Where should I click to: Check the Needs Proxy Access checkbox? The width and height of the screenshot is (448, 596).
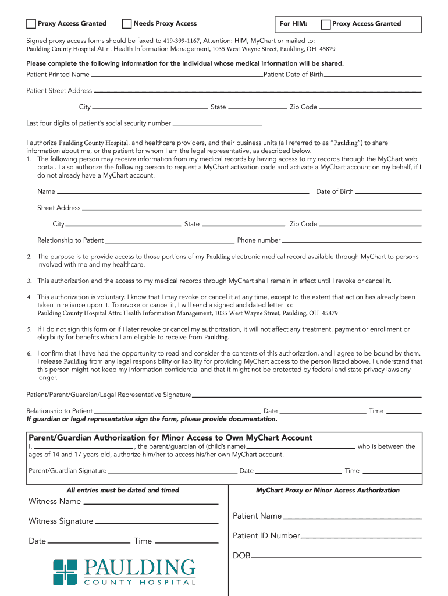tap(127, 24)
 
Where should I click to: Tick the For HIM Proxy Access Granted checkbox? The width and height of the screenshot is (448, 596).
tap(326, 24)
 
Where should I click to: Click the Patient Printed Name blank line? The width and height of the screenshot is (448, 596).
tap(177, 76)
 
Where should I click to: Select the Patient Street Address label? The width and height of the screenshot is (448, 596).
tap(59, 91)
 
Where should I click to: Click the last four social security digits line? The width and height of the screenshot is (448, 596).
tap(218, 125)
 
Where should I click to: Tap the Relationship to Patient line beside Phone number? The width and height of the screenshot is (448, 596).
tap(169, 242)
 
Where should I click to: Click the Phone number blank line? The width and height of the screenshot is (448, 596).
tap(351, 242)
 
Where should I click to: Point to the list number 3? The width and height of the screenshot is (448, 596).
tap(29, 281)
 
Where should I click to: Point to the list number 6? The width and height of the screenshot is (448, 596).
tap(29, 354)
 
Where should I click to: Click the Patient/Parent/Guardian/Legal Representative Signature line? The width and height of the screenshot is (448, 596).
tap(307, 396)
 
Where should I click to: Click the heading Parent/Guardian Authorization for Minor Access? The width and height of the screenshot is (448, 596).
tap(170, 438)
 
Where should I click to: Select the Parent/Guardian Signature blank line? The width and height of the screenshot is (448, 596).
tap(172, 472)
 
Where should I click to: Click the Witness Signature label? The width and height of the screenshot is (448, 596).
tap(61, 521)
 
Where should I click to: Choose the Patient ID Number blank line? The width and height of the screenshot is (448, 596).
tap(361, 537)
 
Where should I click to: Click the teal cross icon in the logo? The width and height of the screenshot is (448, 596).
tap(65, 572)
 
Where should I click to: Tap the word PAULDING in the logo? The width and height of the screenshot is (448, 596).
tap(140, 567)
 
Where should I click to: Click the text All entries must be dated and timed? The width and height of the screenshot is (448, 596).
tap(123, 491)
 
